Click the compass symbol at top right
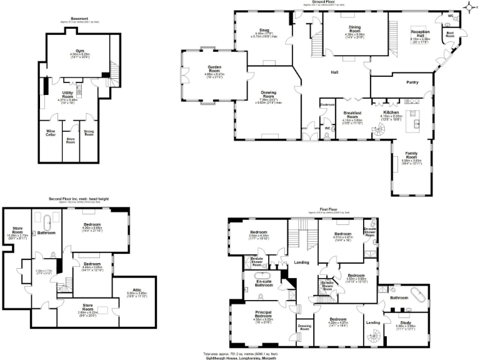click(x=469, y=7)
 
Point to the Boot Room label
click(x=449, y=35)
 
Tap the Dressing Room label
click(x=304, y=326)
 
